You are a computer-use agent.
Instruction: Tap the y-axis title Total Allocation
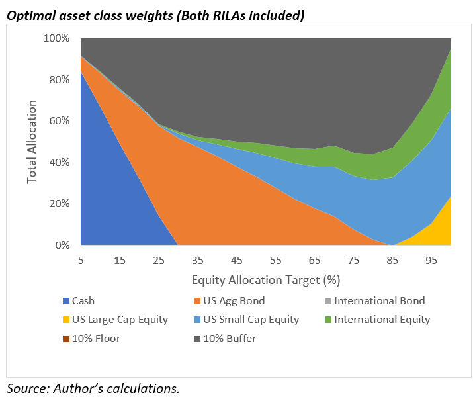(x=33, y=142)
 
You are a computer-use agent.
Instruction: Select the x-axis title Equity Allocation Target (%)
(x=266, y=279)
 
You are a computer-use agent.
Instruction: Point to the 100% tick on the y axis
(x=56, y=38)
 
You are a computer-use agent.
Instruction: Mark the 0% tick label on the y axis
(x=61, y=246)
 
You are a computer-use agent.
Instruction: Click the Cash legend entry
(x=92, y=301)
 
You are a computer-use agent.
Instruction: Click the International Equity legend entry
(x=375, y=320)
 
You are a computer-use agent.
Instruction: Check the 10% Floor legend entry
(x=104, y=338)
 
